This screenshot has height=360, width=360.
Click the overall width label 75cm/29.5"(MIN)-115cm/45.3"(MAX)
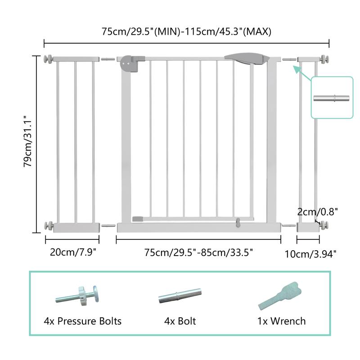click(186, 31)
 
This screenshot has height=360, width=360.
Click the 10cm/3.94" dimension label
click(311, 254)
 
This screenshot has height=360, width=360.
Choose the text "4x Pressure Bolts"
click(83, 321)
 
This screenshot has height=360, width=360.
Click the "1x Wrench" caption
click(282, 321)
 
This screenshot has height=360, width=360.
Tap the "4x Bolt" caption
click(180, 321)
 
